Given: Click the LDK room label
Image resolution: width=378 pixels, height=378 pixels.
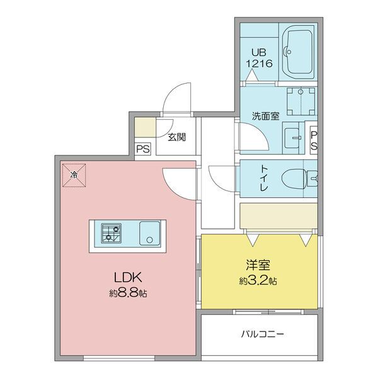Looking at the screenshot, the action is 128,277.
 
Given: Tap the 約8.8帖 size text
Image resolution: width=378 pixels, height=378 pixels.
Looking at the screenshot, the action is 128,294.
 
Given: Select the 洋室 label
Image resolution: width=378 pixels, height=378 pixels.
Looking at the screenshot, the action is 258,265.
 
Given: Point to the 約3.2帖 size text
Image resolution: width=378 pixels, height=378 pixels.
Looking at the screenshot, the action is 258,281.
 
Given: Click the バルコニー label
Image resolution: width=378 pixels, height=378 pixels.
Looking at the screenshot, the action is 263,335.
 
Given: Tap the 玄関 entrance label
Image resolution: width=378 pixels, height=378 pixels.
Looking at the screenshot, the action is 177,137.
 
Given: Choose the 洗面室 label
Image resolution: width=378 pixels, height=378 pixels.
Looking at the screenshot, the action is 266,117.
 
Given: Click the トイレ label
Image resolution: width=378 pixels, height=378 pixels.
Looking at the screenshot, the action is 263,179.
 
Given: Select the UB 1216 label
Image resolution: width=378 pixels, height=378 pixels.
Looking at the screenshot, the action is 259,58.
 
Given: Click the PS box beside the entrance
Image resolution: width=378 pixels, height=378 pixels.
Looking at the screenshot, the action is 143,149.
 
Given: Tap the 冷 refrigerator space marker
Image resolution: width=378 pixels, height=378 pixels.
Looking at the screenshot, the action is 74,175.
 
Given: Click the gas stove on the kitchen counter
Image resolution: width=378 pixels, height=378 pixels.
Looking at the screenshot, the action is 111,232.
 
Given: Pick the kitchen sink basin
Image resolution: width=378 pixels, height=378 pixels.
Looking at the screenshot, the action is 150,233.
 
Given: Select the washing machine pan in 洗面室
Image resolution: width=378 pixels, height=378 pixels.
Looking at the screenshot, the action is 301,101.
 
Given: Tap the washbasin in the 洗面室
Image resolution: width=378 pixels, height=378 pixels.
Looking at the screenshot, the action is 292,138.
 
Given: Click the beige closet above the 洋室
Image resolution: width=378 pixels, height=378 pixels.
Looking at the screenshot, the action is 278,215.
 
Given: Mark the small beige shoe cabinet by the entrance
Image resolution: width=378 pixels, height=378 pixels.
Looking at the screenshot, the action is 145,127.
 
